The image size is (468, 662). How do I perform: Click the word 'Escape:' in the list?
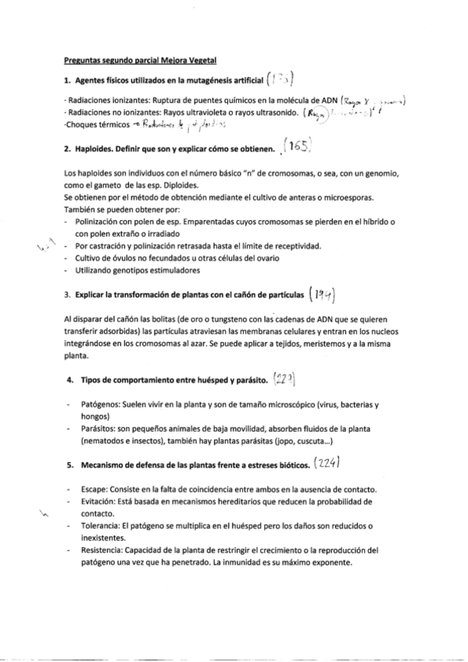pyautogui.click(x=94, y=488)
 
